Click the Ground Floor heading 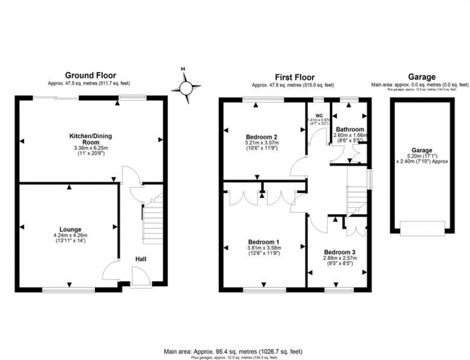(91, 75)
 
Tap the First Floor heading (294, 77)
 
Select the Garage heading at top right (421, 77)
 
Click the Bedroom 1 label (263, 242)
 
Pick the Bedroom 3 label (339, 252)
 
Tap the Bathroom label (350, 129)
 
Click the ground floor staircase (153, 221)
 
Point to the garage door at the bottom (422, 228)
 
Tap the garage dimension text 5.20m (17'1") (422, 156)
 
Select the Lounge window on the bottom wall (68, 289)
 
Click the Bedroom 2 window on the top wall (263, 99)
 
